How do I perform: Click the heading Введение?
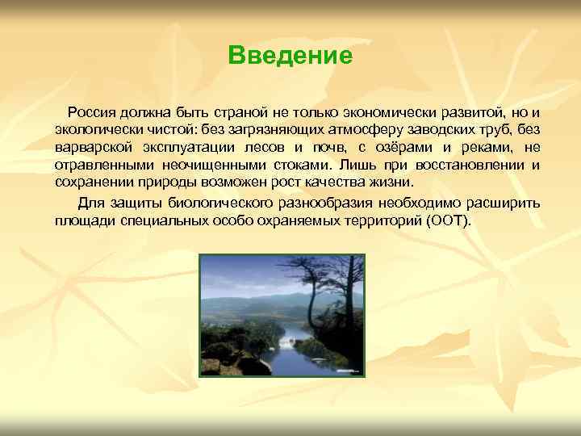pos(290,56)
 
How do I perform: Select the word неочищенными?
pos(199,166)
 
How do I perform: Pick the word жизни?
pos(386,183)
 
